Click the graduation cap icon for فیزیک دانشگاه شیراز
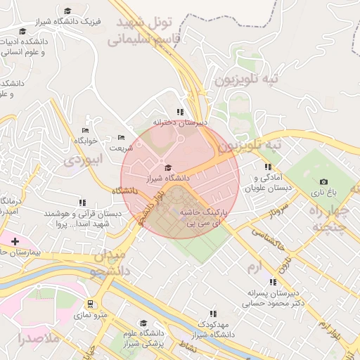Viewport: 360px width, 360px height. click(67, 11)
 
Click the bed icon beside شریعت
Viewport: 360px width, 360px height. click(121, 137)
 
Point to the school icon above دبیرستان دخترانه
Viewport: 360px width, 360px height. click(181, 112)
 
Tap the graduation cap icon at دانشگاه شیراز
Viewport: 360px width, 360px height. click(167, 167)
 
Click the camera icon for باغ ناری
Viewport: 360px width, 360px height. click(323, 181)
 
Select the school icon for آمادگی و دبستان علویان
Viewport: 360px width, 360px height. click(267, 167)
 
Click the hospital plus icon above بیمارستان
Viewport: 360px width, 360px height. click(15, 241)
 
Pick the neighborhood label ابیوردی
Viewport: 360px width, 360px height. click(83, 160)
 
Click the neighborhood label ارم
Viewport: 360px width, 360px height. click(254, 266)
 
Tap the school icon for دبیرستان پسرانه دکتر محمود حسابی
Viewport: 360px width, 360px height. click(273, 282)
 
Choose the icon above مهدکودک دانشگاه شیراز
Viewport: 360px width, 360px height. click(212, 314)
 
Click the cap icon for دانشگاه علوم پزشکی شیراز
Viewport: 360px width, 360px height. click(143, 323)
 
